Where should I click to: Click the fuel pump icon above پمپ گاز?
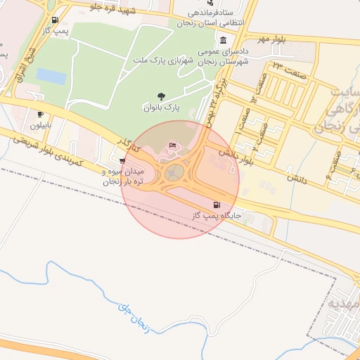click(56, 20)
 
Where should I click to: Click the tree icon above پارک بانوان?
click(162, 96)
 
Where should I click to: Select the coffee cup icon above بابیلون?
click(40, 114)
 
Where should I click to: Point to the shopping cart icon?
click(123, 161)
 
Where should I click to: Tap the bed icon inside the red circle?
click(173, 146)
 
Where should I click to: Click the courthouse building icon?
click(224, 39)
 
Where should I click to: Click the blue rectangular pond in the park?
click(50, 75)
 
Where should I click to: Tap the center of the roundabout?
click(176, 172)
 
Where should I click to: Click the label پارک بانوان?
click(162, 108)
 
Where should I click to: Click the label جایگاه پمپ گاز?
click(211, 217)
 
